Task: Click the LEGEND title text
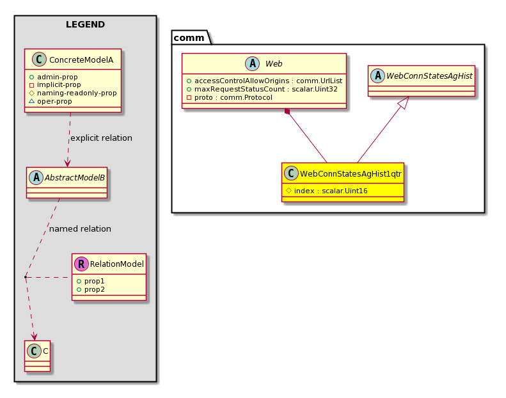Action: point(85,24)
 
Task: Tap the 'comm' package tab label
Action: point(189,38)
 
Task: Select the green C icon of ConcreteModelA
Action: point(40,60)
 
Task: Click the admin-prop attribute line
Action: point(54,77)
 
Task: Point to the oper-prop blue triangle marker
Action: point(31,101)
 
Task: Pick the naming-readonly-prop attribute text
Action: point(77,93)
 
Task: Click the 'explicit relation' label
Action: point(101,138)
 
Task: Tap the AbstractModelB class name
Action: point(75,177)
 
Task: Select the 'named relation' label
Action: point(80,229)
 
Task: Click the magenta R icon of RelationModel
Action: point(81,264)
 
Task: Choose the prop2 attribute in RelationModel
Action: point(91,290)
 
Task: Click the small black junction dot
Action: point(26,277)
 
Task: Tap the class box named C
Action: point(38,356)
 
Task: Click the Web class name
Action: point(274,64)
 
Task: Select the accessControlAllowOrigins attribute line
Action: point(264,81)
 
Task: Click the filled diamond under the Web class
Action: point(287,112)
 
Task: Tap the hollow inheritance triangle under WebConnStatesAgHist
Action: point(404,102)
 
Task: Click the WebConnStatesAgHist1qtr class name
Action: point(351,174)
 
